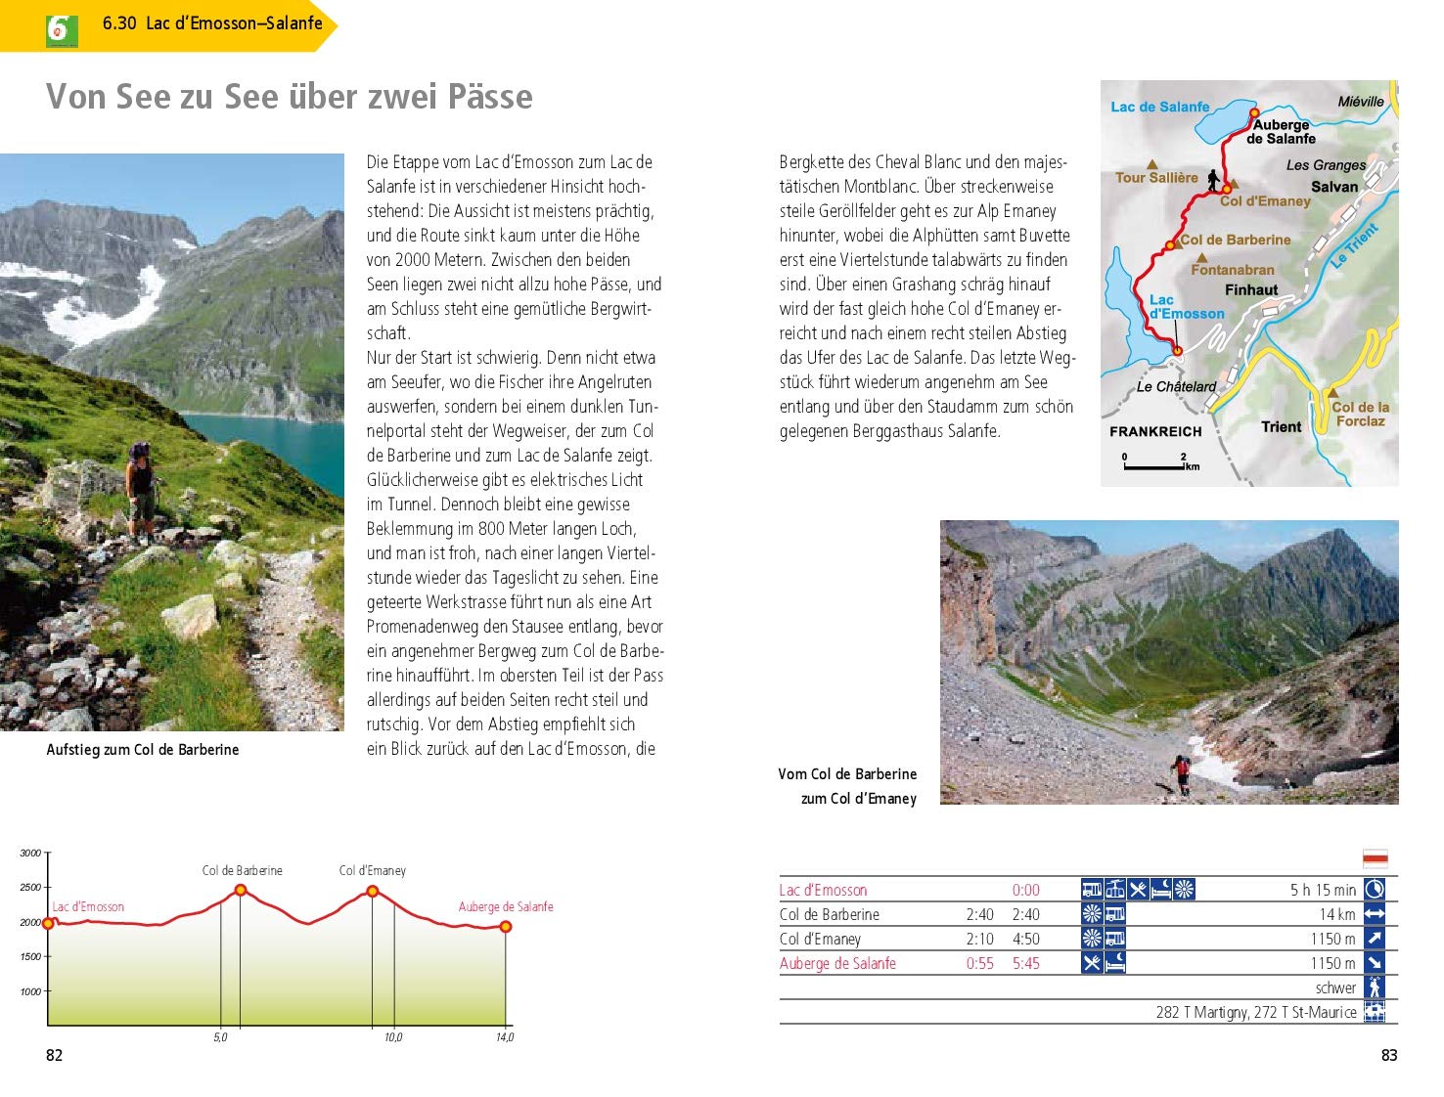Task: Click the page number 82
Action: click(x=55, y=1055)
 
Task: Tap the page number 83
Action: click(x=1388, y=1055)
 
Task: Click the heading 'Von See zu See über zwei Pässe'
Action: click(x=290, y=97)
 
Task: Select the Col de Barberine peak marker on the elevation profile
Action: click(x=241, y=890)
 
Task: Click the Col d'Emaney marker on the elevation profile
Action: click(x=373, y=891)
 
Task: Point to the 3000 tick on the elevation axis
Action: click(x=30, y=854)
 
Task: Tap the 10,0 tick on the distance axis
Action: click(x=392, y=1037)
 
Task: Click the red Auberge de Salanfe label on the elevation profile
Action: click(x=506, y=906)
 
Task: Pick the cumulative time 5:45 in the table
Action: click(x=1026, y=963)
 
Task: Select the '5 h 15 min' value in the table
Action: click(x=1323, y=890)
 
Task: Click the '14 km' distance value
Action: click(x=1336, y=914)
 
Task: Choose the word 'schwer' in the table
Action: click(x=1335, y=987)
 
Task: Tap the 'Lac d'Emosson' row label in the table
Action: click(x=823, y=890)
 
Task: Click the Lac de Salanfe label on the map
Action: click(x=1159, y=107)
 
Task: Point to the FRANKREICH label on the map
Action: click(x=1155, y=431)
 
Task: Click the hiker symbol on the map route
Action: click(x=1213, y=181)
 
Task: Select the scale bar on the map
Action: click(x=1154, y=467)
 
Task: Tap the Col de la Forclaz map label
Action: click(x=1360, y=414)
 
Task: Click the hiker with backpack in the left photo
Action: click(x=141, y=489)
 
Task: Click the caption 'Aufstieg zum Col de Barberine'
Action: click(x=143, y=750)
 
